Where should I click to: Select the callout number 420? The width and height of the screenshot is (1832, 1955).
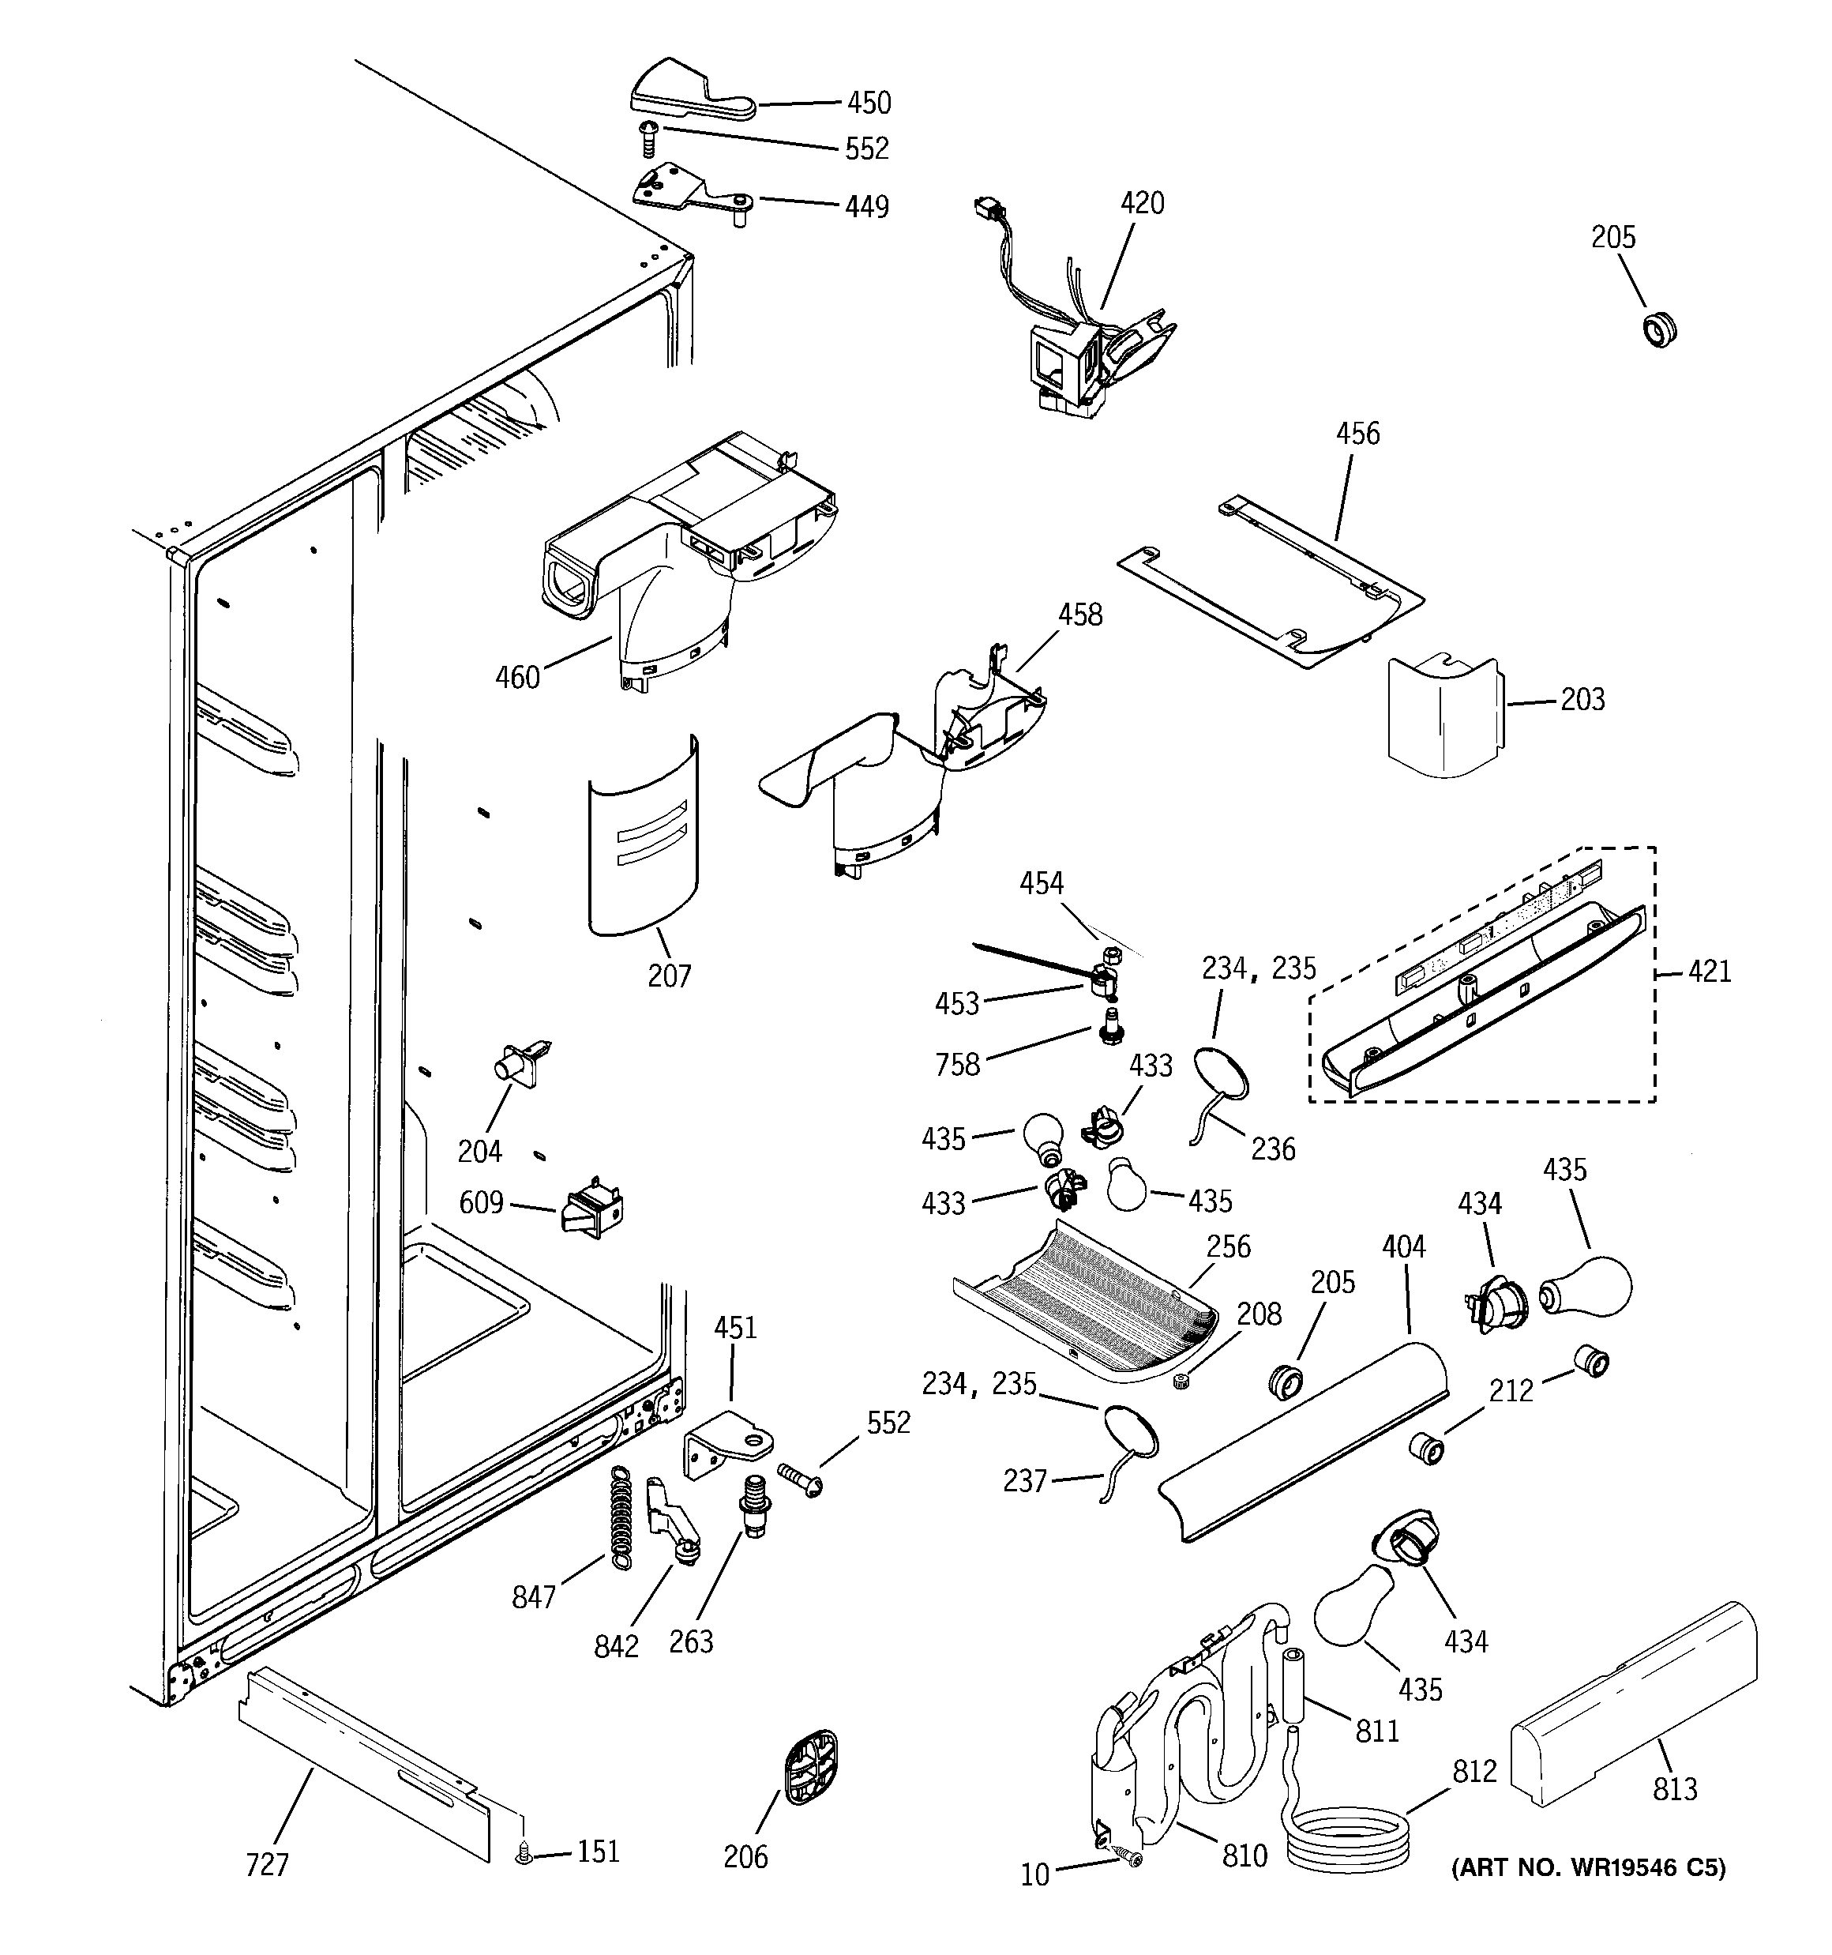pyautogui.click(x=1142, y=204)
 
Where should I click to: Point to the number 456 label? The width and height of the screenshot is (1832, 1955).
pyautogui.click(x=1357, y=434)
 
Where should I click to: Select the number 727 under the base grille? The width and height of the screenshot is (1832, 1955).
pyautogui.click(x=266, y=1864)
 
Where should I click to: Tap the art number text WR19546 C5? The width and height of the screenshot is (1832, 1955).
pyautogui.click(x=1588, y=1867)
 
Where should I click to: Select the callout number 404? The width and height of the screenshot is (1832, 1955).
pyautogui.click(x=1403, y=1247)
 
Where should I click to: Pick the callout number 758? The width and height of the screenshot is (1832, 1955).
pyautogui.click(x=957, y=1065)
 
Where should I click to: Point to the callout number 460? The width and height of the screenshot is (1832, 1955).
pyautogui.click(x=517, y=678)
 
